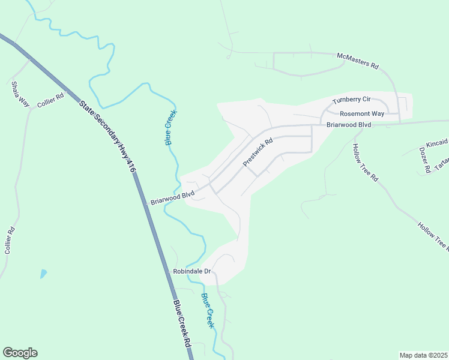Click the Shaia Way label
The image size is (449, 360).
[19, 94]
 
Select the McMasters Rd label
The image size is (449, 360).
[358, 60]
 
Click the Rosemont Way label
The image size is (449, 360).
[362, 113]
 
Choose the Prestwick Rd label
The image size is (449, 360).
[258, 152]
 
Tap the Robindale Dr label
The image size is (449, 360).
[192, 272]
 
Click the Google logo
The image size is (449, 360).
[20, 353]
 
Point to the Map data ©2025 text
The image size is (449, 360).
[423, 355]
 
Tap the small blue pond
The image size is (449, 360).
[43, 274]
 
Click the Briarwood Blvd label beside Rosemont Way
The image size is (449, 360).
[349, 125]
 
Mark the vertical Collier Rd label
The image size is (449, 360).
[8, 241]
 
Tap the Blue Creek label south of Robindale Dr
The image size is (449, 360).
[208, 310]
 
